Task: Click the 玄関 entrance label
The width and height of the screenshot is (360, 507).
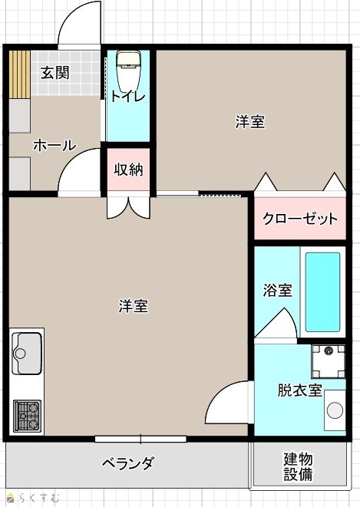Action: click(x=54, y=73)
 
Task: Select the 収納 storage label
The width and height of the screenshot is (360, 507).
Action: click(x=128, y=169)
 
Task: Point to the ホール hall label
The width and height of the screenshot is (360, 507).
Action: click(x=54, y=145)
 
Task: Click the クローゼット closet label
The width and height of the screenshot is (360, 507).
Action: click(x=300, y=219)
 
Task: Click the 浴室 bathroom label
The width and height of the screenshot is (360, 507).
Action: click(x=277, y=290)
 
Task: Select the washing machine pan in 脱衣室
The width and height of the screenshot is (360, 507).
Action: click(x=329, y=361)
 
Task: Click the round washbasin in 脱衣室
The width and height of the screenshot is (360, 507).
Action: click(x=335, y=410)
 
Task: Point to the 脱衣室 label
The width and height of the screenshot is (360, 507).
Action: click(x=299, y=390)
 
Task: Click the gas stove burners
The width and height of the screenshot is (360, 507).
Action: click(x=27, y=416)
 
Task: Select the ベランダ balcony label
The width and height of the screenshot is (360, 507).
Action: click(x=127, y=463)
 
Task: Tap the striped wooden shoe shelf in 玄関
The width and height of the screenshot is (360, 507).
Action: click(x=19, y=74)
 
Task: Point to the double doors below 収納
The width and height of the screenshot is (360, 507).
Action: click(x=129, y=208)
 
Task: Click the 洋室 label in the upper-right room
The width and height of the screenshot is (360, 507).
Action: click(x=250, y=122)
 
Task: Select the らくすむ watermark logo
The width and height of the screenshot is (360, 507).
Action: click(x=34, y=497)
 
